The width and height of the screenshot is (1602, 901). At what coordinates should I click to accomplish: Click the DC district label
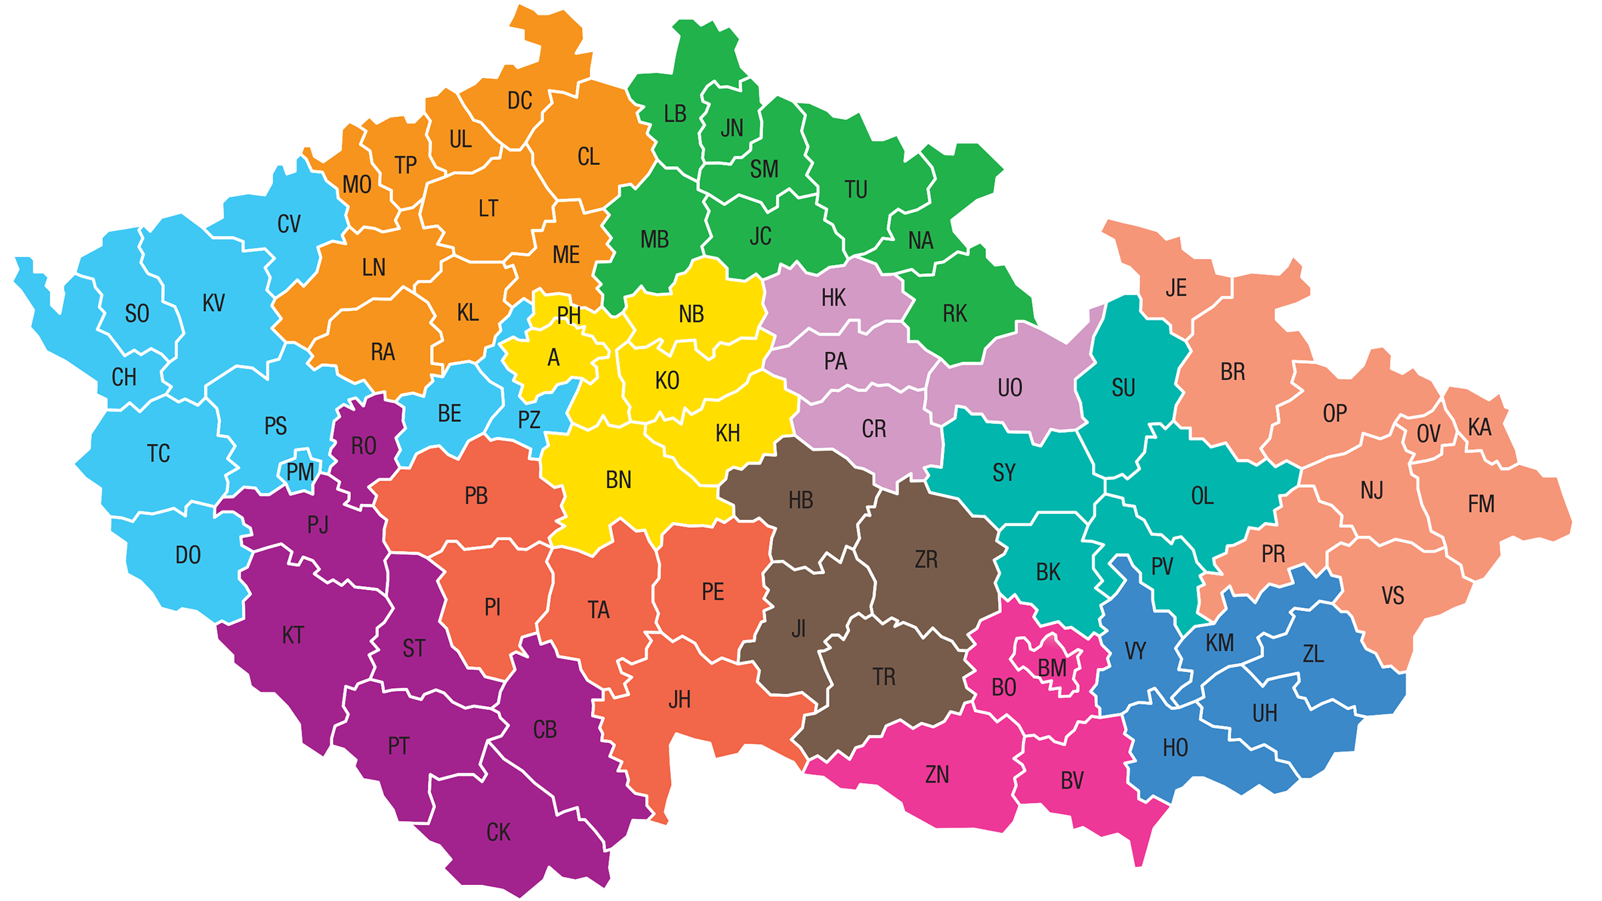[x=519, y=101]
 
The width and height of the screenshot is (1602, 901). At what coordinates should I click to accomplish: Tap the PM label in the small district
[x=300, y=473]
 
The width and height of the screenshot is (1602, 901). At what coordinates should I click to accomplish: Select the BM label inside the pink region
[x=1052, y=667]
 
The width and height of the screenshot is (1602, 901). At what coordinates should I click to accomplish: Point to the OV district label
[x=1428, y=434]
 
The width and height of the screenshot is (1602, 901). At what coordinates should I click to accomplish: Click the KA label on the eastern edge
[x=1479, y=427]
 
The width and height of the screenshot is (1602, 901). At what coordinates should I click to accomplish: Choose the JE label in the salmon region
[x=1176, y=288]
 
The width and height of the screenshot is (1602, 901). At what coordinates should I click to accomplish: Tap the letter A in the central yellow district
[x=553, y=358]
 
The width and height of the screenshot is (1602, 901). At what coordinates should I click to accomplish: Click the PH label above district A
[x=569, y=315]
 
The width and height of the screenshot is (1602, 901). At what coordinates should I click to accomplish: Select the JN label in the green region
[x=732, y=127]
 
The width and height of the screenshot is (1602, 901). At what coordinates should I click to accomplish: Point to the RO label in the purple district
[x=364, y=446]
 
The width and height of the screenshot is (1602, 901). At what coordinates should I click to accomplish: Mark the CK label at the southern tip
[x=498, y=832]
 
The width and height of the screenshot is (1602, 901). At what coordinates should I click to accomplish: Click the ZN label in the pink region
[x=937, y=774]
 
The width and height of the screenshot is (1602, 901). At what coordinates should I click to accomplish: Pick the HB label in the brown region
[x=801, y=500]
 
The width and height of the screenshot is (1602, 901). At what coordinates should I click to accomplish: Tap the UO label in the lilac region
[x=1010, y=388]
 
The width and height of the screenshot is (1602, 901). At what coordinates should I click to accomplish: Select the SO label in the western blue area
[x=137, y=314]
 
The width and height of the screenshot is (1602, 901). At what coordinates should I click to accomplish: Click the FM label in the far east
[x=1481, y=504]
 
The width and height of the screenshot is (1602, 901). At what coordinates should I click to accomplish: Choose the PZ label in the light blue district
[x=529, y=420]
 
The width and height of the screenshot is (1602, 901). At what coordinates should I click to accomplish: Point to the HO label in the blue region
[x=1175, y=747]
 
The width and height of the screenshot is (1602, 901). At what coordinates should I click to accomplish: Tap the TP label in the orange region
[x=405, y=165]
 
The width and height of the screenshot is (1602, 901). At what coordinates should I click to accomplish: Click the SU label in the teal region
[x=1123, y=388]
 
